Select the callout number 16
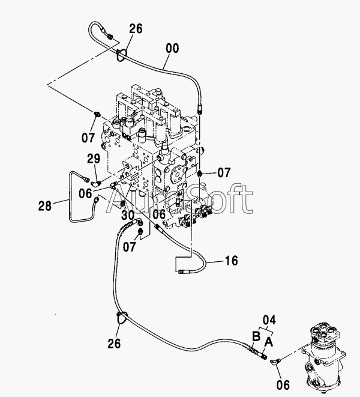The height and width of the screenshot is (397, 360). tap(232, 261)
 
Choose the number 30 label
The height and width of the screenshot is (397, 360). tap(127, 215)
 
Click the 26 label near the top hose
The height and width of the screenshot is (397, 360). tap(136, 28)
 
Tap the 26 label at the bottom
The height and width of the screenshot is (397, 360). tap(114, 344)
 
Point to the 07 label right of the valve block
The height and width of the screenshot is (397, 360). tap(224, 173)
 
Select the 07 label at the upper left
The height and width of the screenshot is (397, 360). tap(88, 138)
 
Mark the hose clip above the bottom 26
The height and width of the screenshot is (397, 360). tap(120, 318)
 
